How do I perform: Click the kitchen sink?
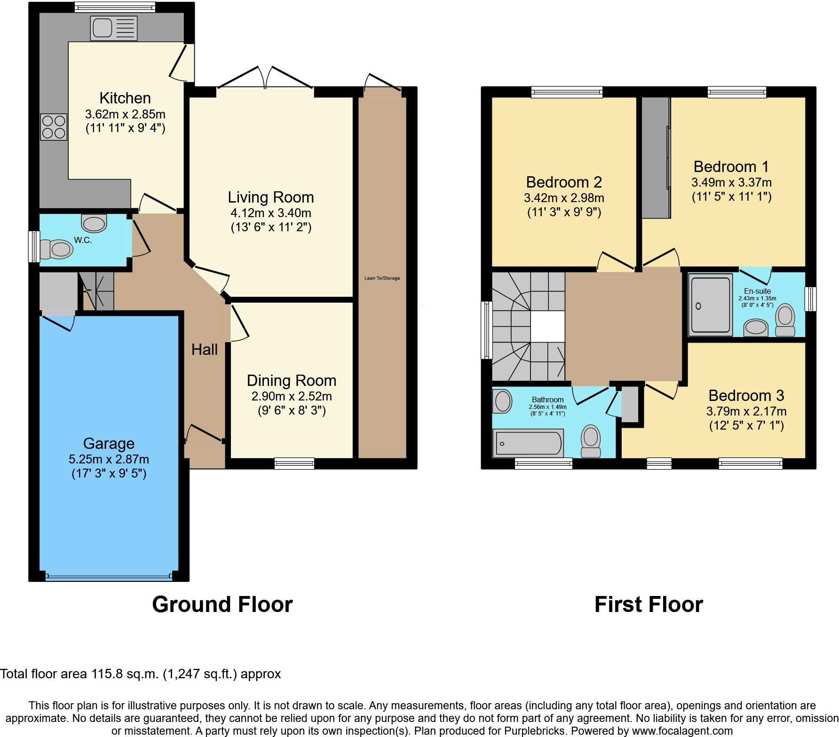point(114,28)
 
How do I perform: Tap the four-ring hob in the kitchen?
point(54,127)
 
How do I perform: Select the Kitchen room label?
point(125,98)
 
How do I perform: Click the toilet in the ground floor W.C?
point(56,249)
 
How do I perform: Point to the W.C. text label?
point(83,240)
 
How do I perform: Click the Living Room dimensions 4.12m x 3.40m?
point(271,213)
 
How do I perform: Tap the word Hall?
point(205,349)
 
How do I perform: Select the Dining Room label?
point(291,380)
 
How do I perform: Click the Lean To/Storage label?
point(382,278)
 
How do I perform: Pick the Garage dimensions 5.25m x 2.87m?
point(109,459)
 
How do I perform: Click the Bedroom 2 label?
point(563,182)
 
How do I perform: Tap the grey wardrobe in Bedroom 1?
point(656,157)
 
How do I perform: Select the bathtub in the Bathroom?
point(528,443)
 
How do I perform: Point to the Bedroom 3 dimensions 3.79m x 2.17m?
point(746,411)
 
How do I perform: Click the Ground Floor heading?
point(222,604)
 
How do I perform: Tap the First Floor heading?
point(649,604)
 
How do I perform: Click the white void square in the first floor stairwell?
point(547,327)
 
